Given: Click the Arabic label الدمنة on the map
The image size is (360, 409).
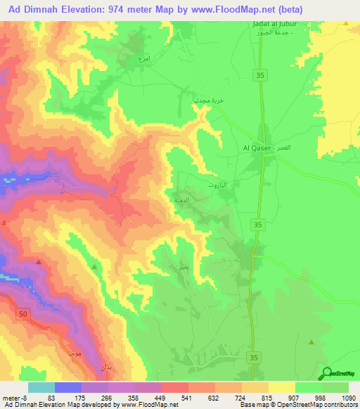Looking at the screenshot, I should pos(179,200).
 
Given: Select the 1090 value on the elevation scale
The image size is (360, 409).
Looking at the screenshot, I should pos(349,396).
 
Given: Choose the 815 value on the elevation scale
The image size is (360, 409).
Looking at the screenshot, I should pos(269,396).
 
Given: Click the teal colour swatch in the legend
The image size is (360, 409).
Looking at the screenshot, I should pos(41,387).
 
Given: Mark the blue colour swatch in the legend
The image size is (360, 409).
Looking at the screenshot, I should pos(68,387).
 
